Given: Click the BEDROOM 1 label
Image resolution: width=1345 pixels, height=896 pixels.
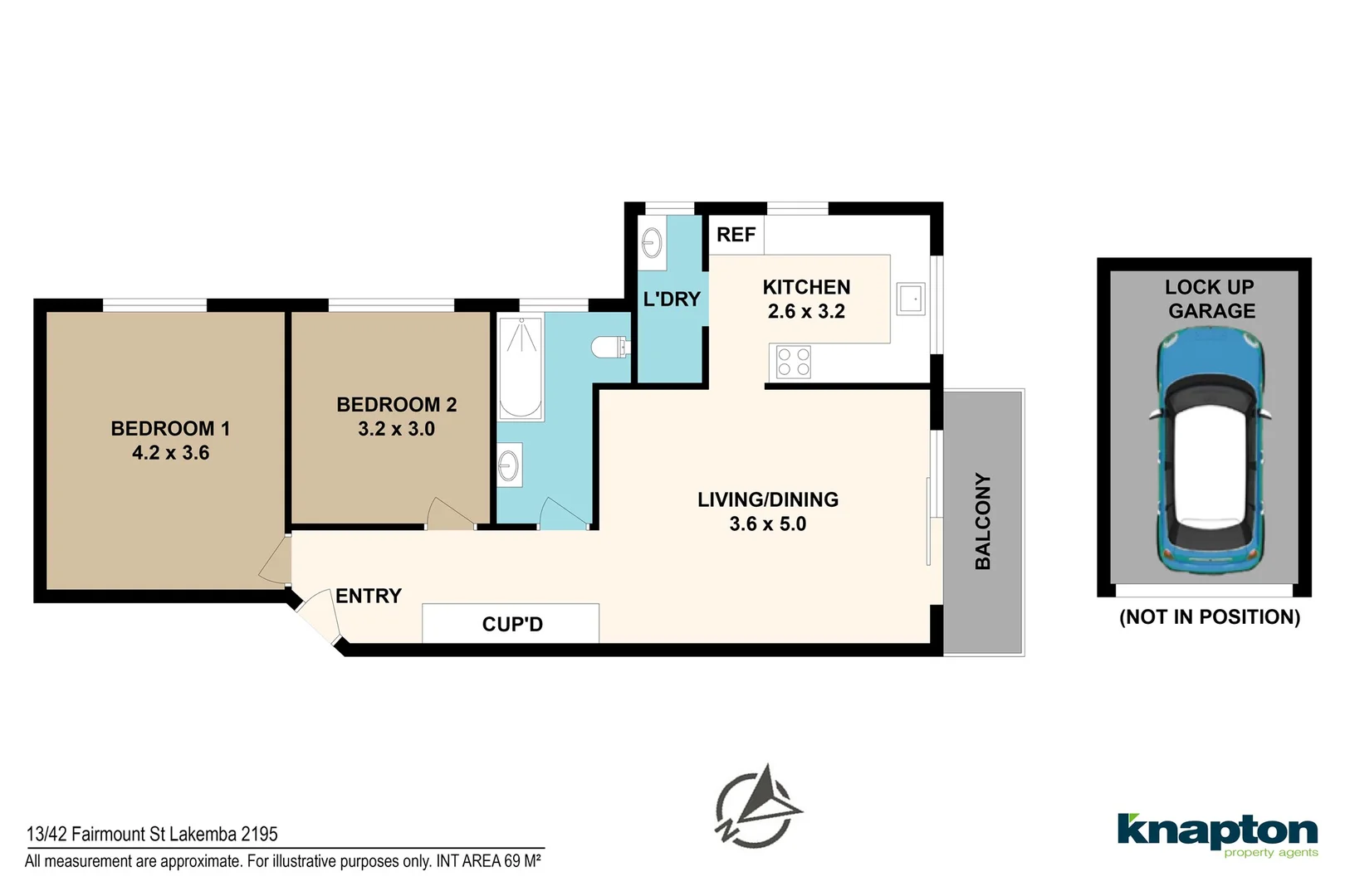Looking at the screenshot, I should (x=170, y=429).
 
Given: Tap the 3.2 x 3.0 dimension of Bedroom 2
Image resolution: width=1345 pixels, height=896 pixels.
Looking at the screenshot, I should (x=396, y=429).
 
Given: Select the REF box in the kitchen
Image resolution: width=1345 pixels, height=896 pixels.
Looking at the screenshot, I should (x=736, y=235).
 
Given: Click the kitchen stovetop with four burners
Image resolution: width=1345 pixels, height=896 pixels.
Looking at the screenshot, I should (x=793, y=363).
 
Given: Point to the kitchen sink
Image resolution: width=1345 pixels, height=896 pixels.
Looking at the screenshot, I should (x=911, y=299).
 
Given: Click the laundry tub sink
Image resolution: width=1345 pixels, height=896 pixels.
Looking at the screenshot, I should (x=653, y=243).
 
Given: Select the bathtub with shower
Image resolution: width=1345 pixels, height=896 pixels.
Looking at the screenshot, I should (x=521, y=368).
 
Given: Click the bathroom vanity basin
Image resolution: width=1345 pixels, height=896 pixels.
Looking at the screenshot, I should (x=509, y=465).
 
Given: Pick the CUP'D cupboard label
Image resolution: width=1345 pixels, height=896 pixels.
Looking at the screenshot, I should (x=511, y=624).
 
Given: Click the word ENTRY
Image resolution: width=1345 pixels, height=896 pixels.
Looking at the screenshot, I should (x=368, y=596).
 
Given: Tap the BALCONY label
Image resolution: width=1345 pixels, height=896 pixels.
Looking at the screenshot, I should (x=983, y=521).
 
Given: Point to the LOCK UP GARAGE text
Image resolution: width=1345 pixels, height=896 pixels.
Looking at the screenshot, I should (x=1210, y=299).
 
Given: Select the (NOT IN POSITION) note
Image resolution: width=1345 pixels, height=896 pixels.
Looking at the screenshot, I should (x=1210, y=616).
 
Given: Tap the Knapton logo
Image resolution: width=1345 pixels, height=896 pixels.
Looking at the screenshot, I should (x=1217, y=833).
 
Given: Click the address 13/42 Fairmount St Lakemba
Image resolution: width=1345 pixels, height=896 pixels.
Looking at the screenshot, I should (x=152, y=834).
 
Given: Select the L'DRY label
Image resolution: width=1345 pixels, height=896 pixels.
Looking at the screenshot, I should (x=672, y=299).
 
